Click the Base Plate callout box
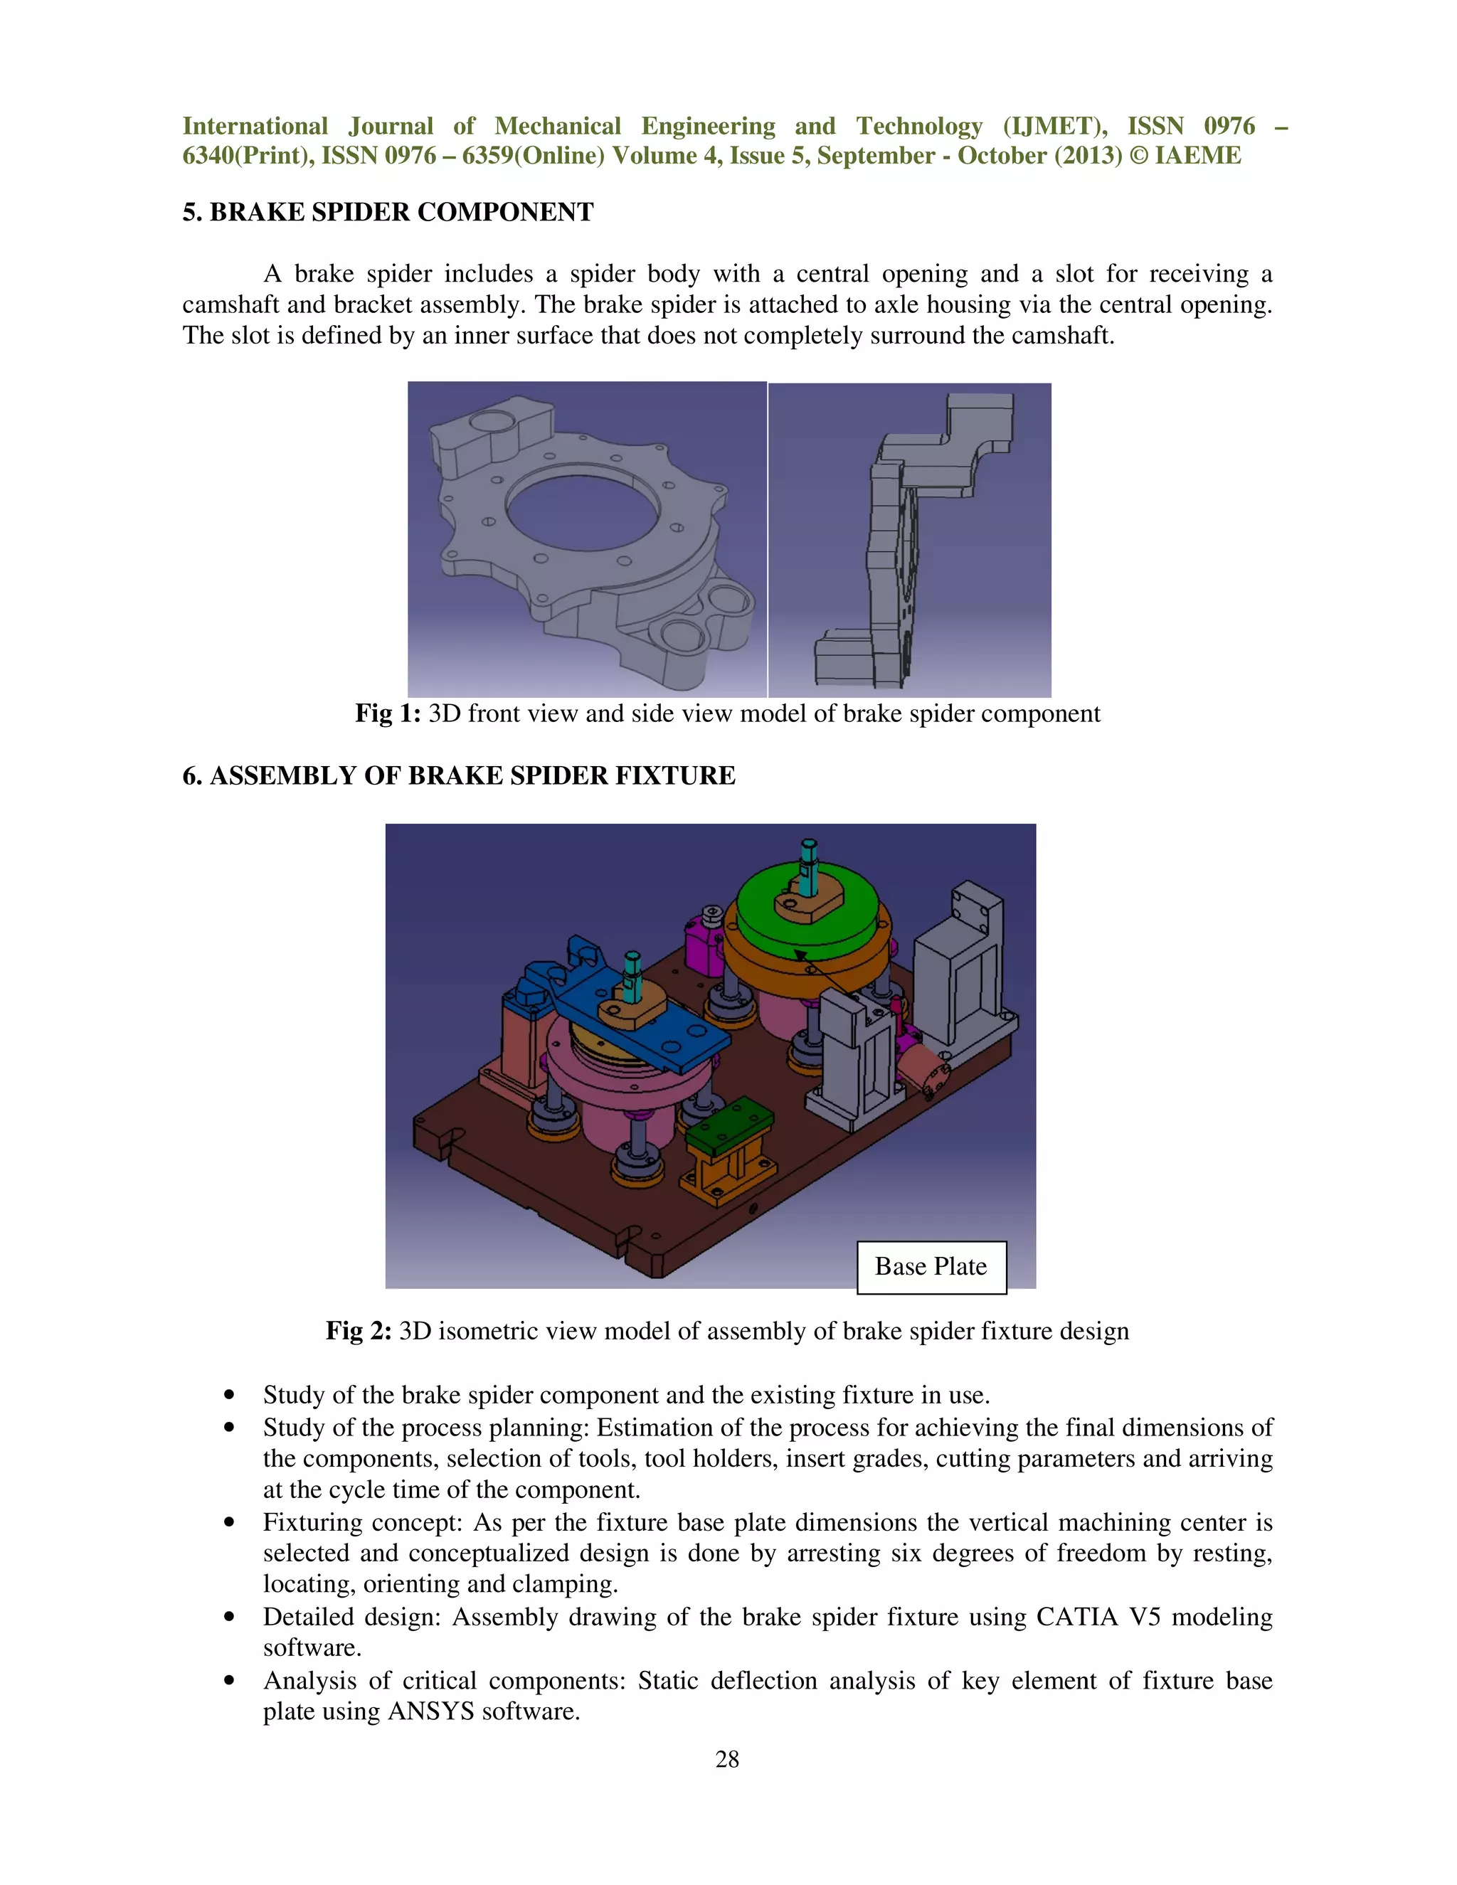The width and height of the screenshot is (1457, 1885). click(x=931, y=1267)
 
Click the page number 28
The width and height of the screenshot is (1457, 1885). click(x=727, y=1759)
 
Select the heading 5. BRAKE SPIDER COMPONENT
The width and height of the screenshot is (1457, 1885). click(x=388, y=212)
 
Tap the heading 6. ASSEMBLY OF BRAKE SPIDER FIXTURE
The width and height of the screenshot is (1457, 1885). click(x=458, y=775)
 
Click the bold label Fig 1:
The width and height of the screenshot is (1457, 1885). click(x=388, y=713)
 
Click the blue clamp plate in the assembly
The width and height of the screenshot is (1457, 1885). click(x=656, y=1031)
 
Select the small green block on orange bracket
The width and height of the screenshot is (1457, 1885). click(x=730, y=1122)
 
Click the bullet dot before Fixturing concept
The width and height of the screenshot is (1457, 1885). click(x=229, y=1522)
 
